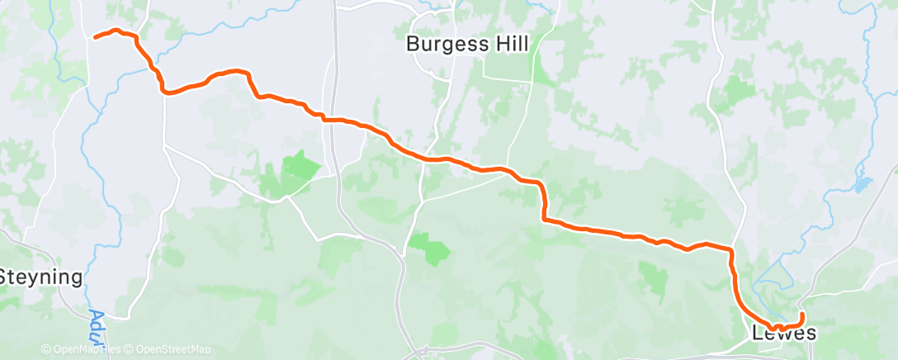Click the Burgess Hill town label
[x=467, y=44]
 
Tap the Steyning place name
[x=41, y=277]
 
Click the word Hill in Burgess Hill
[x=510, y=44]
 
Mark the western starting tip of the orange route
[x=95, y=37]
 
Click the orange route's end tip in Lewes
[x=802, y=313]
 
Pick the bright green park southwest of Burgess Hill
[x=300, y=166]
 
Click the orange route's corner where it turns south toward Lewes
[x=730, y=249]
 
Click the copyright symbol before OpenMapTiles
[x=46, y=350]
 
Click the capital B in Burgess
[x=414, y=44]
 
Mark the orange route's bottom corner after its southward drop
[x=545, y=219]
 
